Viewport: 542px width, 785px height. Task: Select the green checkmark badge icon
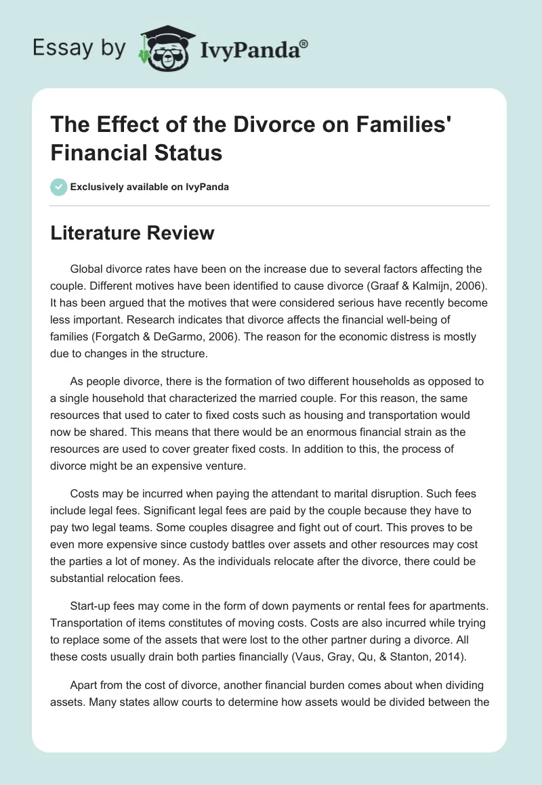click(58, 187)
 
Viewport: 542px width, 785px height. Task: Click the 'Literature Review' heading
click(132, 233)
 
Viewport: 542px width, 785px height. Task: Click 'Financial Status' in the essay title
click(136, 152)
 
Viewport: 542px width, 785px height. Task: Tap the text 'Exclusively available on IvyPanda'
click(149, 187)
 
